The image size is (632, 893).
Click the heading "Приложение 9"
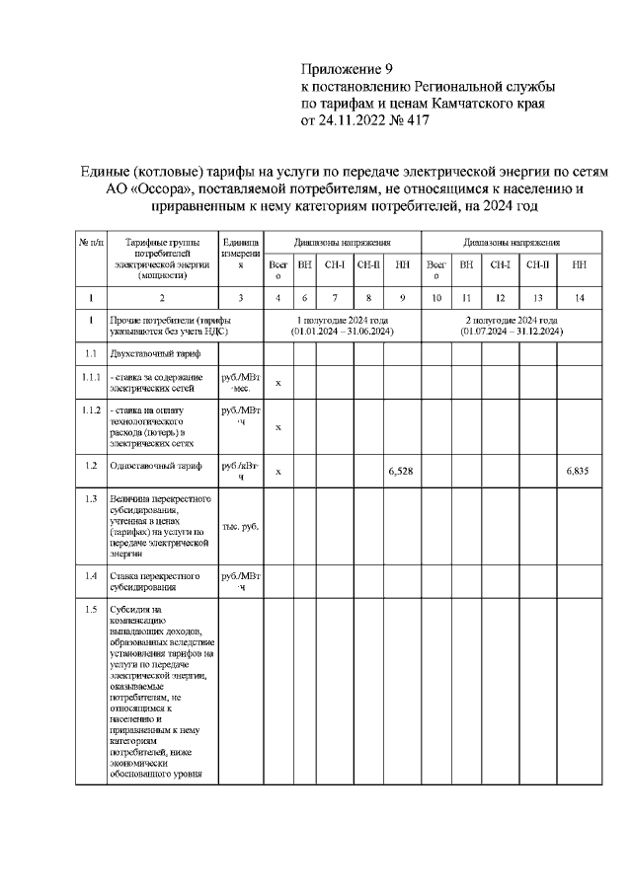click(x=347, y=69)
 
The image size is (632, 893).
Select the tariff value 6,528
click(x=401, y=472)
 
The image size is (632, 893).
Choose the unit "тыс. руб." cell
click(x=240, y=526)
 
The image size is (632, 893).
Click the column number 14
click(x=579, y=297)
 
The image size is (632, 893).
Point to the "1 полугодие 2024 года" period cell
click(x=342, y=327)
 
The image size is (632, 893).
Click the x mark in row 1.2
click(x=277, y=472)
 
